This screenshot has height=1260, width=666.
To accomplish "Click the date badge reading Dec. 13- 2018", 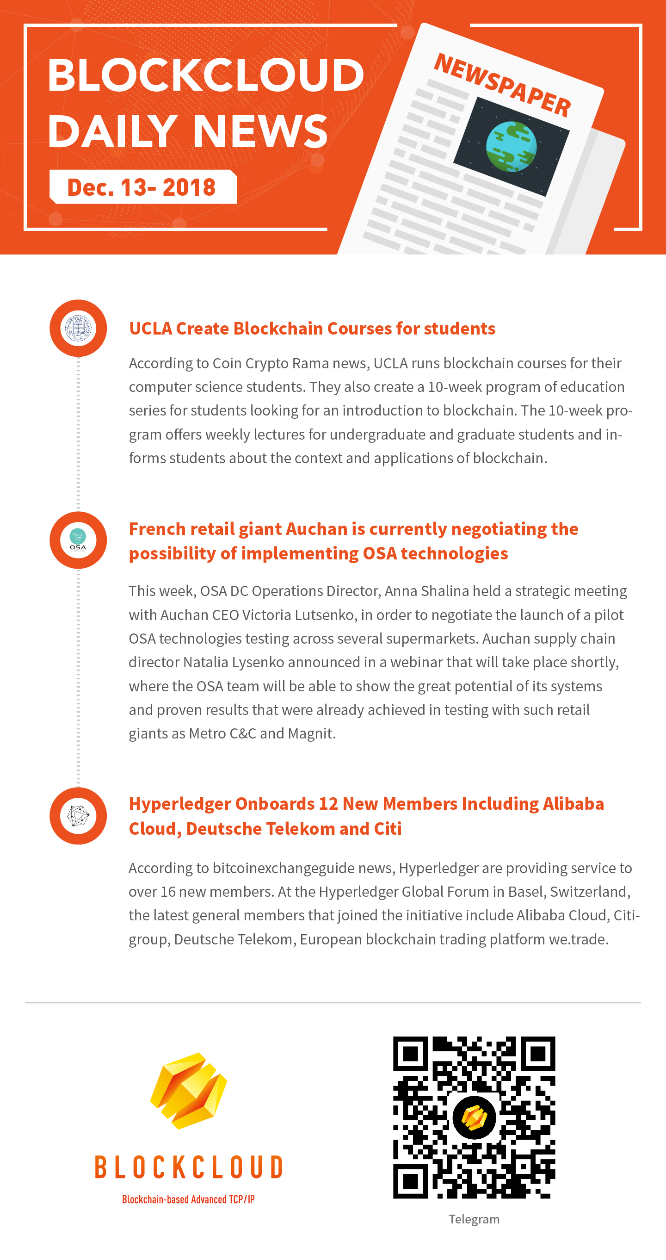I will [142, 187].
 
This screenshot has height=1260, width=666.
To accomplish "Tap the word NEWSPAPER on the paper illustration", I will [503, 86].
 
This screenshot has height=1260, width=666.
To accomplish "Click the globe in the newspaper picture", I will [512, 146].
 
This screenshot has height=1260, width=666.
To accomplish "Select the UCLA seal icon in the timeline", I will [78, 328].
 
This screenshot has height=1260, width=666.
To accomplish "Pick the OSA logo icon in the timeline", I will [78, 540].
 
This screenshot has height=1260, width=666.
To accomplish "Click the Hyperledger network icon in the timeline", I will [78, 816].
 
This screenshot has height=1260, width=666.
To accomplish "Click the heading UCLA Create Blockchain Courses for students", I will [312, 328].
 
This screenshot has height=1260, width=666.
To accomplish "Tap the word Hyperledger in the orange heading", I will [179, 804].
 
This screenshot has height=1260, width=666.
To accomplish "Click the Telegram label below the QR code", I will [474, 1219].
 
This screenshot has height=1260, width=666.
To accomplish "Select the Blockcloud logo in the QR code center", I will [474, 1117].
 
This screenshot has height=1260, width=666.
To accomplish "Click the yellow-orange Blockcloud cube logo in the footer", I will [189, 1091].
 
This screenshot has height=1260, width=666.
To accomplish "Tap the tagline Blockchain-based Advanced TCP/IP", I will [188, 1199].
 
